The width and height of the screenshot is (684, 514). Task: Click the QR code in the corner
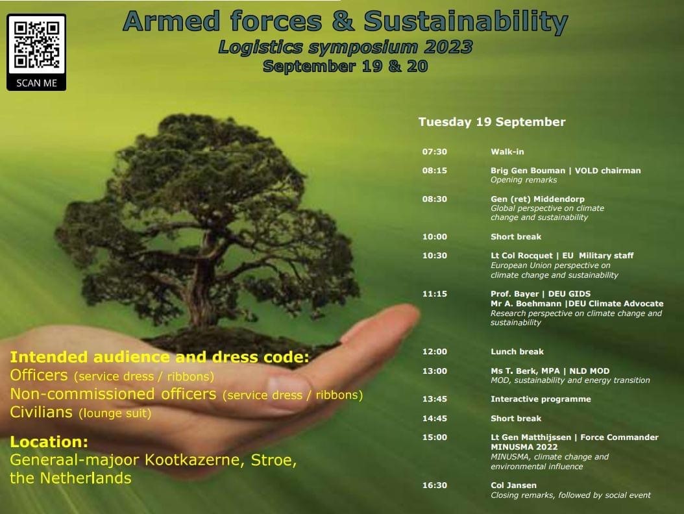(36, 45)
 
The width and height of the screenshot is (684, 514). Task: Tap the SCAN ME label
(36, 83)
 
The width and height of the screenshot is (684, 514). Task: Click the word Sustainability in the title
(465, 22)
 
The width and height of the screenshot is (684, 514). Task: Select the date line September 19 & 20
(345, 66)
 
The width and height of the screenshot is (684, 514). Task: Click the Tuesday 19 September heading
(492, 122)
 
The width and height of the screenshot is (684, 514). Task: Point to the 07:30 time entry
(435, 152)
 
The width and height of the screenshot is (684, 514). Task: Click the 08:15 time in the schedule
(435, 171)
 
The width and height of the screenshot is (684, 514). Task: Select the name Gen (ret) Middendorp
(537, 199)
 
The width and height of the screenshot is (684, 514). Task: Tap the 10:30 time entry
(435, 256)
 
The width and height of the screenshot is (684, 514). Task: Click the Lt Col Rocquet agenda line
(562, 256)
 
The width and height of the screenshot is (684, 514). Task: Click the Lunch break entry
(517, 352)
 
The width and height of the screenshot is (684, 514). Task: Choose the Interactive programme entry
(541, 399)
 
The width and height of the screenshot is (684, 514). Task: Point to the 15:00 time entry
(435, 437)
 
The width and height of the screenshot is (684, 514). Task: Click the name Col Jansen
(513, 485)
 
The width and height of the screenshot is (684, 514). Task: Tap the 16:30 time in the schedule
(435, 485)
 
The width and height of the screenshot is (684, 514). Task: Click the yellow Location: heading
(49, 442)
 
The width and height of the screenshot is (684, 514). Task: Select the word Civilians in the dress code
(41, 412)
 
